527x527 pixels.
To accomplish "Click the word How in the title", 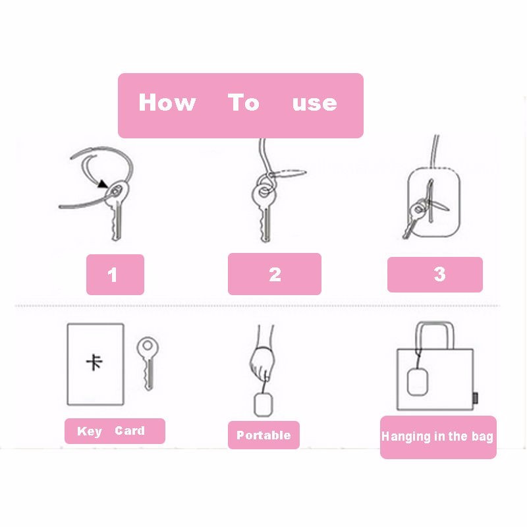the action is (x=167, y=102).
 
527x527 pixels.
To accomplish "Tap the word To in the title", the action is (x=244, y=102).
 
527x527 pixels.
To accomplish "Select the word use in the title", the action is (x=315, y=103).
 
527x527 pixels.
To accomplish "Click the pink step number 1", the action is (x=113, y=275).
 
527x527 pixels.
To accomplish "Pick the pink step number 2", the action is (x=275, y=274).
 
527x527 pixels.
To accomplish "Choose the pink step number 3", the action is (x=439, y=274).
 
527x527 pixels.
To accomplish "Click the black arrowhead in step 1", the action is (x=103, y=184).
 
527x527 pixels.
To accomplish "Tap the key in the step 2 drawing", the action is (x=265, y=211).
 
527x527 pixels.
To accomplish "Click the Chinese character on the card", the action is (x=94, y=362).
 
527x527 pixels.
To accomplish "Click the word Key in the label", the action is (x=90, y=431).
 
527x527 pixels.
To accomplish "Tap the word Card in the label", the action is (x=130, y=431).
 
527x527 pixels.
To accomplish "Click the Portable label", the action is (x=263, y=435).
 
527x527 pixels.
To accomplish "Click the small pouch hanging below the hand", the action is (x=263, y=405).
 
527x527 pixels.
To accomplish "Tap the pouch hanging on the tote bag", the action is (x=418, y=382).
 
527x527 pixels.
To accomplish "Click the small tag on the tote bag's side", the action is (x=475, y=398).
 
